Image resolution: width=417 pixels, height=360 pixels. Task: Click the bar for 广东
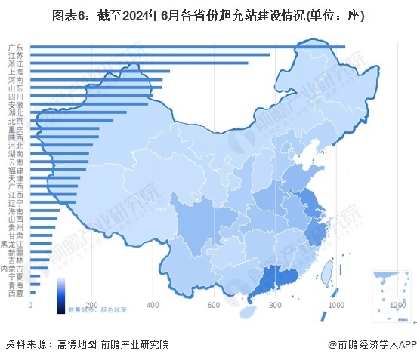pos(187,47)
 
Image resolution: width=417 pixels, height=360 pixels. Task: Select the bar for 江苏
pos(150,55)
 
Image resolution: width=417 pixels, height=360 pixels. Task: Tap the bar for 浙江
pos(139,63)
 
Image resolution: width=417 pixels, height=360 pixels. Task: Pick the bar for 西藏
pos(32,292)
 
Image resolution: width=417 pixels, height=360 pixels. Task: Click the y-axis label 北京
pos(16,121)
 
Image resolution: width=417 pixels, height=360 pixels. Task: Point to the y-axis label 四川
pos(16,97)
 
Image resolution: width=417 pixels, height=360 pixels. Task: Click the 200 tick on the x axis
pos(91,304)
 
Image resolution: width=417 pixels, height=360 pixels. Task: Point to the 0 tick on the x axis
pos(30,304)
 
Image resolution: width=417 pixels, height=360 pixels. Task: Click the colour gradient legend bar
pos(61,294)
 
